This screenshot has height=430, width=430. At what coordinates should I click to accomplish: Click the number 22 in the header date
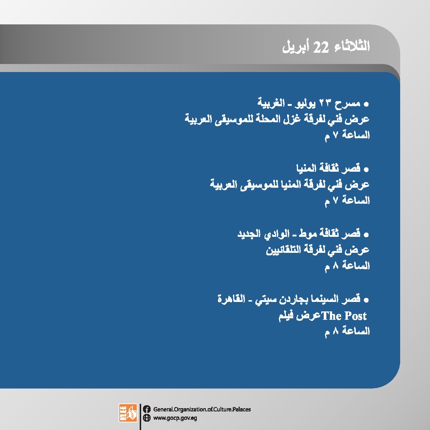tap(321, 47)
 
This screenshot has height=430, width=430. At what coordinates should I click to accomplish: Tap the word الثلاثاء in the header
tap(352, 46)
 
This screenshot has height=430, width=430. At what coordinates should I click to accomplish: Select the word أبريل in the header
tap(296, 47)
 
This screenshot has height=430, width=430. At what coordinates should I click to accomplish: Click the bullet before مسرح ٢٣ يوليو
tap(366, 104)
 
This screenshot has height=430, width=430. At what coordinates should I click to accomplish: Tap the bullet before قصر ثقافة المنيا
tap(366, 170)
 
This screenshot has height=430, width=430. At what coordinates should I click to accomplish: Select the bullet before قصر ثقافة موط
tap(366, 235)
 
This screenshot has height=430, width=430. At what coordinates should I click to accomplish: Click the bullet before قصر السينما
tap(366, 300)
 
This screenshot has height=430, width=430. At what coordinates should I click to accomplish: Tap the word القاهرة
tap(231, 299)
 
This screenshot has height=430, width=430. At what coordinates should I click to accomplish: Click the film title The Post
tap(344, 316)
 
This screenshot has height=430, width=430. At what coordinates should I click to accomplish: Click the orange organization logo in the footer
tap(128, 413)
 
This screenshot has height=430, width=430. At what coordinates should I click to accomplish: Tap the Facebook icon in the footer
tap(147, 409)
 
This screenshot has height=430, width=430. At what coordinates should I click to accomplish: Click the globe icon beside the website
tap(147, 418)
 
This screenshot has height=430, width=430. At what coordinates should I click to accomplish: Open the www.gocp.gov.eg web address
tap(175, 418)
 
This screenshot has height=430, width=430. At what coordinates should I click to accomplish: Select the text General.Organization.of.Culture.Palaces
tap(202, 409)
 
